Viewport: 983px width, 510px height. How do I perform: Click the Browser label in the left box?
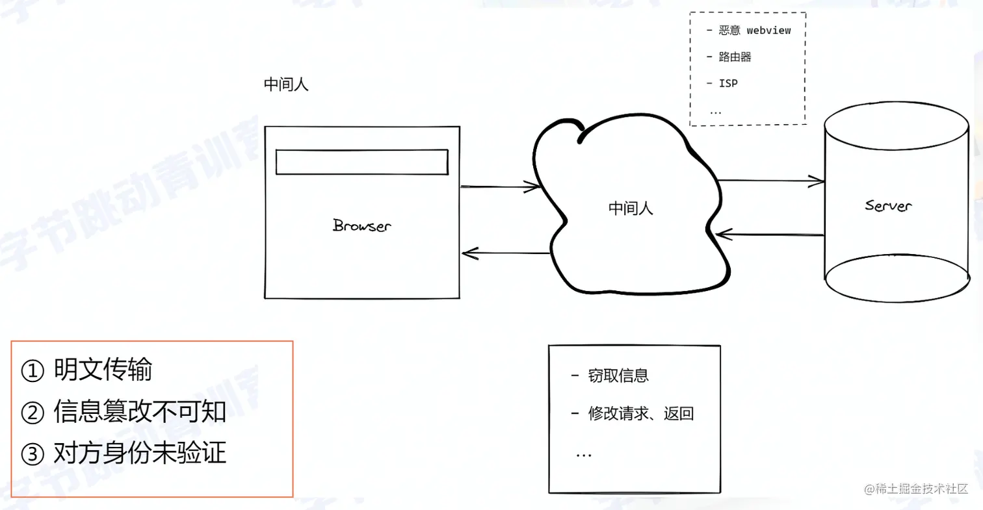pos(362,225)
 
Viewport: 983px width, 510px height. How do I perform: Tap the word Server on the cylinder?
pos(888,206)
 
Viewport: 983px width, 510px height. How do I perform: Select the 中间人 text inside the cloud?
pos(631,208)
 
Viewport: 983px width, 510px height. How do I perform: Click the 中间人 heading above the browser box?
pos(286,85)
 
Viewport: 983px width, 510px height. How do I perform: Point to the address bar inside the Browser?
pos(361,162)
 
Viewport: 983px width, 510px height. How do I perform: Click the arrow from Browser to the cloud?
pos(500,188)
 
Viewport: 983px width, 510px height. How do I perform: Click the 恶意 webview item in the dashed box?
pos(755,30)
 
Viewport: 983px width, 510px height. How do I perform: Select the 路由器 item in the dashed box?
pos(735,57)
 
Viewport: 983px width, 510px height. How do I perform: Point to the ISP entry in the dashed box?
pos(728,83)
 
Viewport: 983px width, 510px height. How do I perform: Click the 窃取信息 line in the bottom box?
pos(618,376)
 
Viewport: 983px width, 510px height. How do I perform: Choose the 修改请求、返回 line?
pos(640,413)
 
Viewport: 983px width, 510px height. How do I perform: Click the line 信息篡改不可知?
pos(139,412)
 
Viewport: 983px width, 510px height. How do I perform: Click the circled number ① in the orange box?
pos(32,371)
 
